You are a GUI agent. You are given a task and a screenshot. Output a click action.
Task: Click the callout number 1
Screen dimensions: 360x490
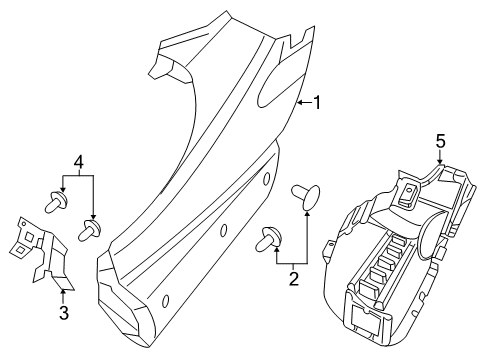pyautogui.click(x=318, y=102)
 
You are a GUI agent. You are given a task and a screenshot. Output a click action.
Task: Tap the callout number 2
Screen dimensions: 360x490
pyautogui.click(x=293, y=279)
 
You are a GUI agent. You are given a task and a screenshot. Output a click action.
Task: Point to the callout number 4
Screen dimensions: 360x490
pyautogui.click(x=78, y=162)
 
